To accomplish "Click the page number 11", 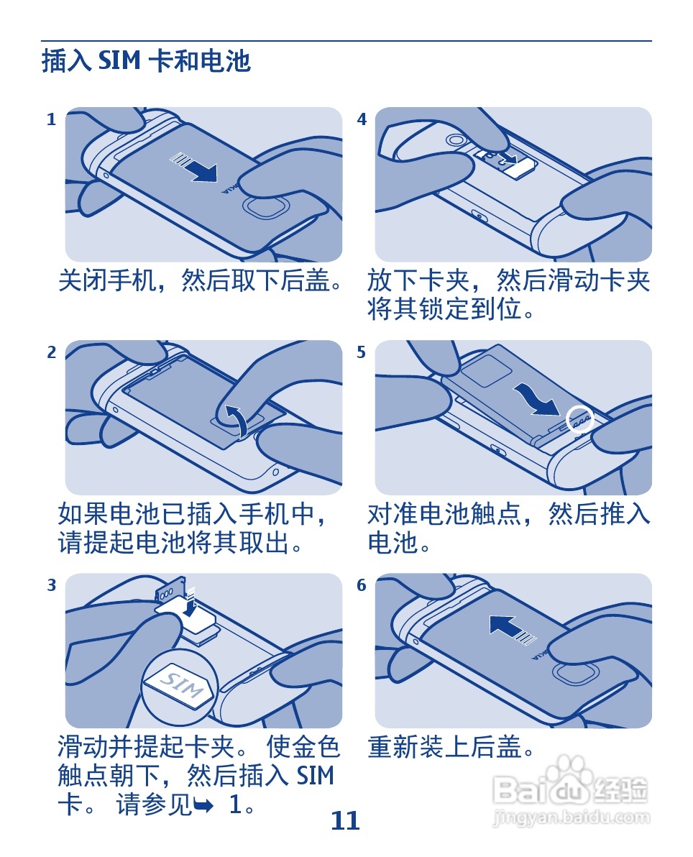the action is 345,820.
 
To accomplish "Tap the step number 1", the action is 51,119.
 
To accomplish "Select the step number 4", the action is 362,119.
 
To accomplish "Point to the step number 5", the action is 362,352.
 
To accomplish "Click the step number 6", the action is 362,585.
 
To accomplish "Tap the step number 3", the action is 51,585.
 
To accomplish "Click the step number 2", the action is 51,352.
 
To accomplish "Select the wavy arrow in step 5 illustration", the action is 536,400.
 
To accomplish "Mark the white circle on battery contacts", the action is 580,418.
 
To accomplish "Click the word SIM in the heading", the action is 119,60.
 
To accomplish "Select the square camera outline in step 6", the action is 574,674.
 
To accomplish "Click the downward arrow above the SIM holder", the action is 190,603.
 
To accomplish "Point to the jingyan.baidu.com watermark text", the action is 572,817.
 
